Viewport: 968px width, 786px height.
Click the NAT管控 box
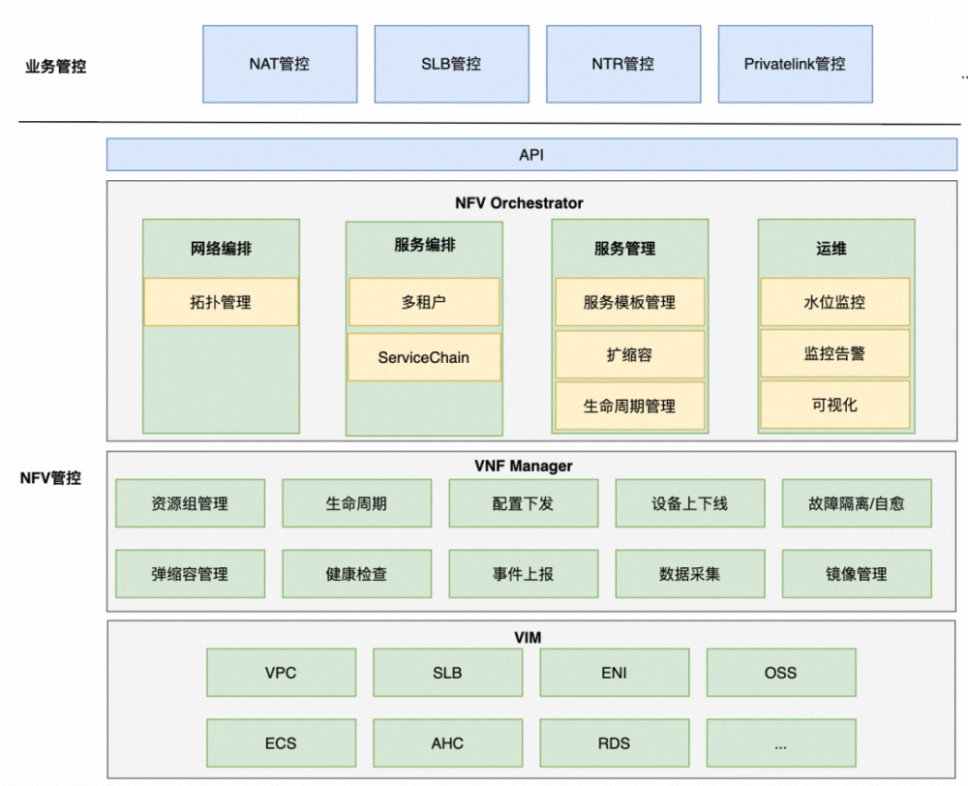pyautogui.click(x=280, y=64)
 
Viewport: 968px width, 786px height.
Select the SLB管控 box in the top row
pyautogui.click(x=451, y=64)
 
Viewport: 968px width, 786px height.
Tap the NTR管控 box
pyautogui.click(x=622, y=64)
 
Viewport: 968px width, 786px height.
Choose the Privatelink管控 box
pyautogui.click(x=795, y=64)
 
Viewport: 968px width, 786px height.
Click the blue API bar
pyautogui.click(x=532, y=155)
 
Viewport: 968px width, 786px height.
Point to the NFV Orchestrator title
pyautogui.click(x=519, y=203)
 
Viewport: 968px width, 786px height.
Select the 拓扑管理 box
pyautogui.click(x=221, y=302)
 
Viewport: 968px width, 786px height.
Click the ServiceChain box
pyautogui.click(x=424, y=357)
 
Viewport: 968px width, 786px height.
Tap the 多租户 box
pyautogui.click(x=424, y=302)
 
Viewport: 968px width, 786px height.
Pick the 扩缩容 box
pyautogui.click(x=629, y=354)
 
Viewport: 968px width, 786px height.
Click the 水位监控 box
pyautogui.click(x=834, y=302)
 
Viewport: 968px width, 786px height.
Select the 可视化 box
pyautogui.click(x=834, y=405)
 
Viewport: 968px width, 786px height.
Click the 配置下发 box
pyautogui.click(x=523, y=503)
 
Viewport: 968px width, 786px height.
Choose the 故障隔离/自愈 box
pyautogui.click(x=857, y=503)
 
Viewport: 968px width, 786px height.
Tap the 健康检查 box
pyautogui.click(x=356, y=574)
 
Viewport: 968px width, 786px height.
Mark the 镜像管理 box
pyautogui.click(x=857, y=574)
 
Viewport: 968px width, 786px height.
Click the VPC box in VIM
pyautogui.click(x=281, y=673)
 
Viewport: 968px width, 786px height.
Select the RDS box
pyautogui.click(x=614, y=743)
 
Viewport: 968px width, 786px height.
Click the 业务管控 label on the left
pyautogui.click(x=55, y=68)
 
